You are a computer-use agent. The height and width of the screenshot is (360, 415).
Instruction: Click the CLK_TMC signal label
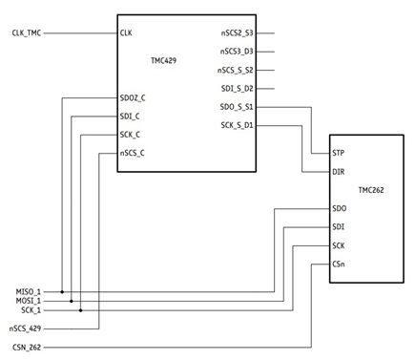click(x=27, y=32)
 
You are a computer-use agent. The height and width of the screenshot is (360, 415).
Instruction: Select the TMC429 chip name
click(x=163, y=60)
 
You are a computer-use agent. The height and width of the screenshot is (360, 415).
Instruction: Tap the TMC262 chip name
click(x=371, y=190)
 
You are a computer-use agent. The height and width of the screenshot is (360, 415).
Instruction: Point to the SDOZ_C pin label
click(x=133, y=98)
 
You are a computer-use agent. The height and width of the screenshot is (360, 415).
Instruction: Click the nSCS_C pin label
click(x=132, y=153)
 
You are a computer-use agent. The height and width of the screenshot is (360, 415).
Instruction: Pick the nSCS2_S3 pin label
click(x=238, y=32)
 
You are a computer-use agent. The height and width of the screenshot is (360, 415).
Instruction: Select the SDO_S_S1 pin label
click(x=237, y=107)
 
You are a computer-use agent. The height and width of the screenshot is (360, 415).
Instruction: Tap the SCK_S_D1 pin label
click(x=237, y=125)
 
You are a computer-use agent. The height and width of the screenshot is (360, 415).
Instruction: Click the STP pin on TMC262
click(x=338, y=153)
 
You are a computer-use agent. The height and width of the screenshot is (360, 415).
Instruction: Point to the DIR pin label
click(x=339, y=172)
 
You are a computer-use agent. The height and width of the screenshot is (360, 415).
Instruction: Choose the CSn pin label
click(x=339, y=264)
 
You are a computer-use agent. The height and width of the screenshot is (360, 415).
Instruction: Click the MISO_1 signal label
click(x=29, y=291)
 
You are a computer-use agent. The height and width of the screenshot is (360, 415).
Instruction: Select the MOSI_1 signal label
click(x=29, y=301)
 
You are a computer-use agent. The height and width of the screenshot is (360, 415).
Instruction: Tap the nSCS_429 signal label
click(x=25, y=328)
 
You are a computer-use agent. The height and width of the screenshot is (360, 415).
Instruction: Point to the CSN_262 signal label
click(x=27, y=347)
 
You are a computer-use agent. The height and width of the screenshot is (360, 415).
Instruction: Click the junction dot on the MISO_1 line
click(x=62, y=291)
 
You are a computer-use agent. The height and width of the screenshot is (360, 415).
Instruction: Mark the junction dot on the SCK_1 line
click(x=81, y=310)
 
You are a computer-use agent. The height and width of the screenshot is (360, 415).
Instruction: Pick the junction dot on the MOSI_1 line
click(x=72, y=301)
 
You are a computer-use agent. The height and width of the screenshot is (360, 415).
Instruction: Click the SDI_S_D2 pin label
click(x=238, y=89)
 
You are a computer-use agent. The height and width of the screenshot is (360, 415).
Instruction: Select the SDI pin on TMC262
click(x=338, y=227)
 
